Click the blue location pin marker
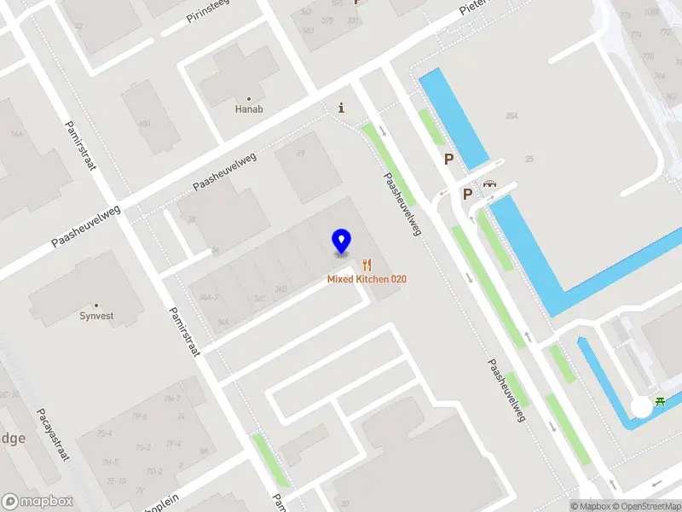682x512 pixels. [x=341, y=241]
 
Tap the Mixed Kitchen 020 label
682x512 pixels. [x=367, y=279]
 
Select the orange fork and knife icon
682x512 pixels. [x=367, y=265]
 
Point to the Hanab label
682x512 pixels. [x=249, y=109]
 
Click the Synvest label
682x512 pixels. [x=95, y=316]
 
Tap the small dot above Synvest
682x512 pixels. [x=95, y=305]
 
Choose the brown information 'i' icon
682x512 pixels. [x=342, y=108]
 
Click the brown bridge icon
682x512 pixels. [x=489, y=183]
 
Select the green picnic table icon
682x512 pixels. [x=661, y=402]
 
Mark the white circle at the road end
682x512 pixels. [x=641, y=408]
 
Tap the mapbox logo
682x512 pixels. [x=38, y=502]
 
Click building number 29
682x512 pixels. [x=300, y=154]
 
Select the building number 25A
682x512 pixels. [x=511, y=116]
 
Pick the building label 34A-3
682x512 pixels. [x=208, y=297]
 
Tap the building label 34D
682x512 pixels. [x=280, y=289]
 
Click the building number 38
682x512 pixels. [x=192, y=220]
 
